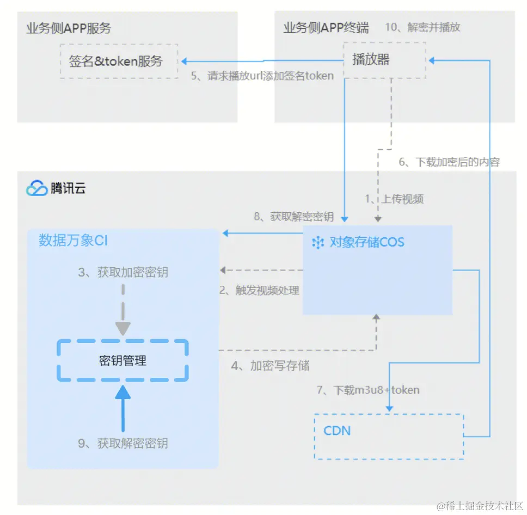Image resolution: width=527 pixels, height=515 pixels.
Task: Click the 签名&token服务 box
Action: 119,61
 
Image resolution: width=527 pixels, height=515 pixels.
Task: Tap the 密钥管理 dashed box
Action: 122,360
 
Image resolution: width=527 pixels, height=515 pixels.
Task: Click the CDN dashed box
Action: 389,436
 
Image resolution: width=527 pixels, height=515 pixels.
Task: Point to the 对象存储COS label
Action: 366,242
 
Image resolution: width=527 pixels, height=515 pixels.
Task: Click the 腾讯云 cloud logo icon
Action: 37,189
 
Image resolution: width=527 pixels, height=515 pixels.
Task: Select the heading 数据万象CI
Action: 73,241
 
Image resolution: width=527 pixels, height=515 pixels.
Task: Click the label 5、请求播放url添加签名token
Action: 262,76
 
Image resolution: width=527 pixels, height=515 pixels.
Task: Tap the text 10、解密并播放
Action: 422,27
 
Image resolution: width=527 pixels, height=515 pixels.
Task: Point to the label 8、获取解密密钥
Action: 294,217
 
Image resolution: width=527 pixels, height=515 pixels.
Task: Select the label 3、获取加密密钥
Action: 122,272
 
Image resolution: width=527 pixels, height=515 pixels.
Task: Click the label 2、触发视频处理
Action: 259,290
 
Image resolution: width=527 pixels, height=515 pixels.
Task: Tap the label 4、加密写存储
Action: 270,366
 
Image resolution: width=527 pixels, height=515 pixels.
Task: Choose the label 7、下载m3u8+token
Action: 368,390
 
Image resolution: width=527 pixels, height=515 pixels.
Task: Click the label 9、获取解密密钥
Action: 122,443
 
